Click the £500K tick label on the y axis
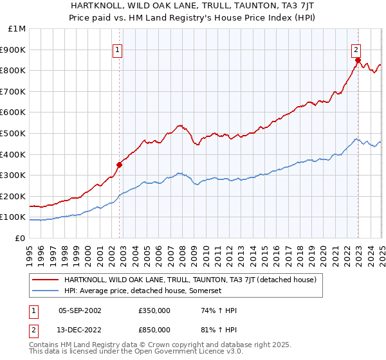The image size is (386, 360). coord(14,133)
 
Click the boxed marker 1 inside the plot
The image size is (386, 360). coord(119,50)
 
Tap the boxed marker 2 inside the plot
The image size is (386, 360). coord(356,50)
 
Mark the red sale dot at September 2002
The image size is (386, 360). coord(119,165)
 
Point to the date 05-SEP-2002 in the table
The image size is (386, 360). coord(80,310)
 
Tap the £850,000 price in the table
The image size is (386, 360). coord(154,330)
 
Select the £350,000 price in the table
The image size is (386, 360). coord(154,310)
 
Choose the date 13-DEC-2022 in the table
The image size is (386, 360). coord(80,330)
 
